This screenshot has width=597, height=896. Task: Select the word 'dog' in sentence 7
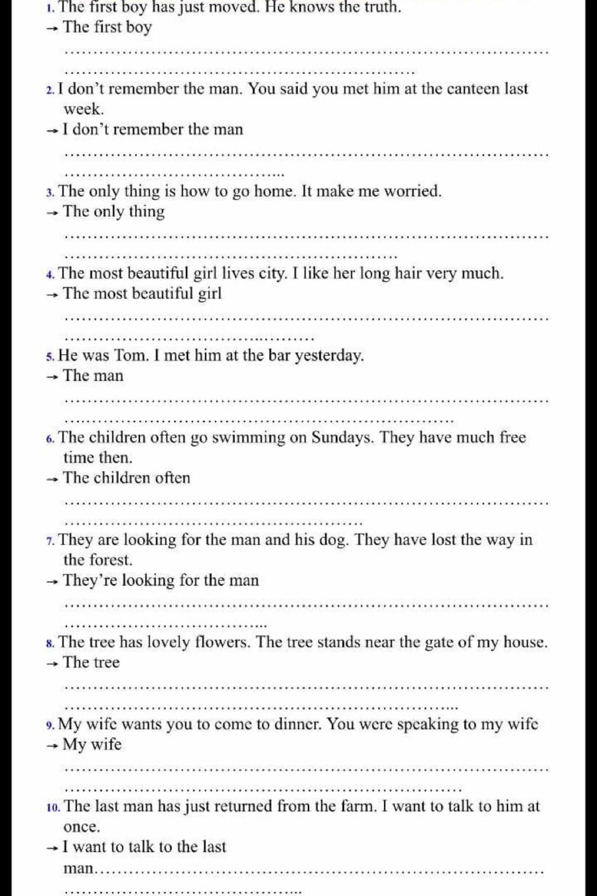pyautogui.click(x=333, y=540)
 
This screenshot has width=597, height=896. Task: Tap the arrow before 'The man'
pyautogui.click(x=52, y=377)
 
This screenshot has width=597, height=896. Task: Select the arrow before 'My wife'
pyautogui.click(x=52, y=745)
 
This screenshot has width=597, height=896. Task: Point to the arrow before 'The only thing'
pyautogui.click(x=52, y=213)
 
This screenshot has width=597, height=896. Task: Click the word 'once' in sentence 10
pyautogui.click(x=82, y=827)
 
